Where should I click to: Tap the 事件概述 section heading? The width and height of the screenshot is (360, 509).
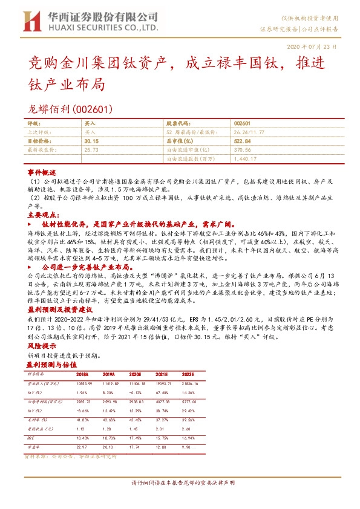pos(41,172)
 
